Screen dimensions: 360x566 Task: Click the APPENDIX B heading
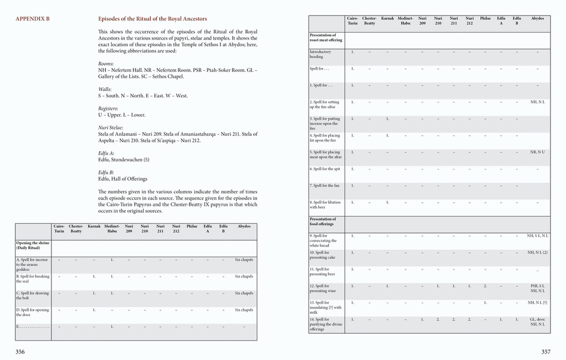tap(33, 19)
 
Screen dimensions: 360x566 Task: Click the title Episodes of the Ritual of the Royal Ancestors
tap(152, 19)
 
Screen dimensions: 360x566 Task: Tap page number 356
tap(20, 351)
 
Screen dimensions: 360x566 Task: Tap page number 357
tap(546, 351)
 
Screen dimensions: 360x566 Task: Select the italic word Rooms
tap(106, 64)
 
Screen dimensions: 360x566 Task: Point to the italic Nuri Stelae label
tap(110, 127)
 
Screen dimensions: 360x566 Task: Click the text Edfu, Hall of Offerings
tap(123, 179)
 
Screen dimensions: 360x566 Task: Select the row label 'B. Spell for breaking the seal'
tap(33, 279)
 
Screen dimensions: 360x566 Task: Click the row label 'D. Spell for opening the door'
tap(33, 312)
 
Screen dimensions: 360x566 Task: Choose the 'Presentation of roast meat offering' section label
tap(325, 37)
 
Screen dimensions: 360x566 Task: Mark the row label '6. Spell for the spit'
tap(325, 169)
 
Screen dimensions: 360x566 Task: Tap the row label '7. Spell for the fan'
tap(325, 186)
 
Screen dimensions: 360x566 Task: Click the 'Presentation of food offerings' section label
tap(323, 221)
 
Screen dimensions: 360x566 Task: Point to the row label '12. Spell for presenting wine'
tap(323, 288)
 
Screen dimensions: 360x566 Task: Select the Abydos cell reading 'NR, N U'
tap(537, 152)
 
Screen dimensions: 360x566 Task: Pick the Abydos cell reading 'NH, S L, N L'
tap(537, 235)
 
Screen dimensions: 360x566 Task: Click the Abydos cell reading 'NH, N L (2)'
tap(537, 252)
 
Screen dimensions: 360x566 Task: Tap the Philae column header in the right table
tap(485, 18)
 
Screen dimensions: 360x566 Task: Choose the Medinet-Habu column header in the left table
tap(112, 228)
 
